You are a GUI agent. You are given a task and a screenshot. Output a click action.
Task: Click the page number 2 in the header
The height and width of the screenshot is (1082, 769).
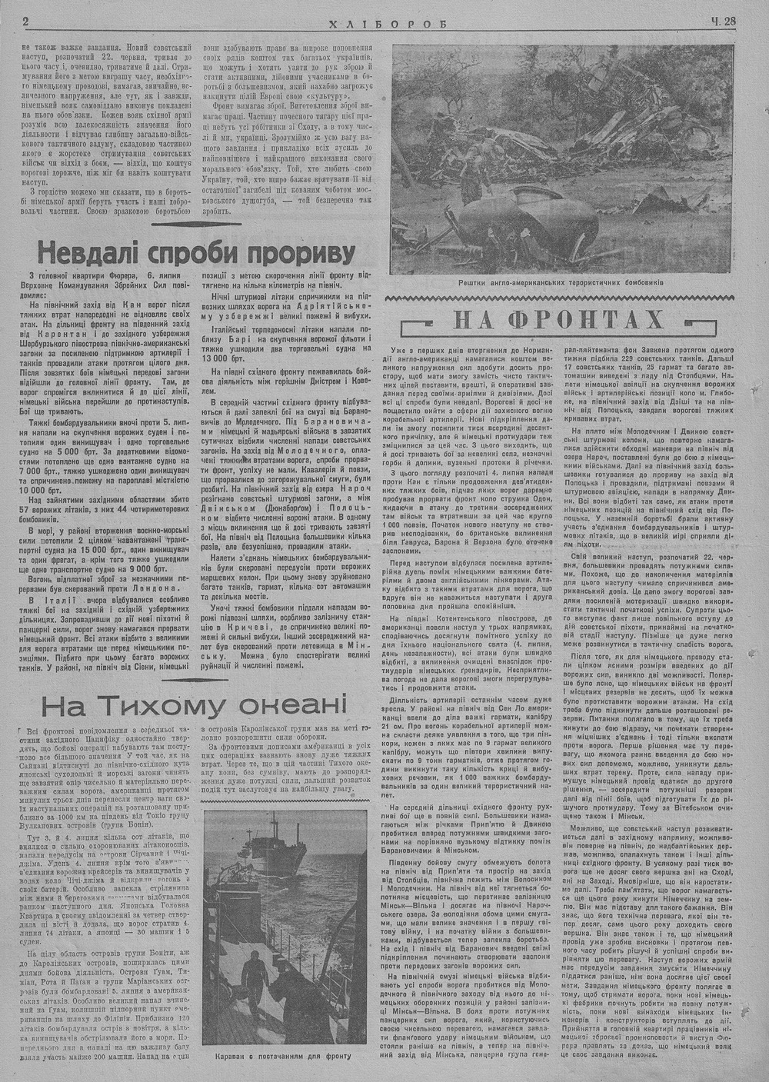pyautogui.click(x=26, y=22)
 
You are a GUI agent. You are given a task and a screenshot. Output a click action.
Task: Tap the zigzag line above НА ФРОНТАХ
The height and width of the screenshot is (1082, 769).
pyautogui.click(x=564, y=298)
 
